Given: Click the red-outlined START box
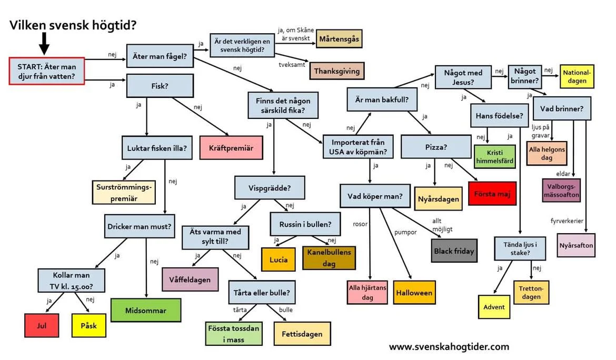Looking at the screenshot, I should point(47,71).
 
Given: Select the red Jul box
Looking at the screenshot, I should point(42,325).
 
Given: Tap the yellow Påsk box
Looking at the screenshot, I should point(88,325).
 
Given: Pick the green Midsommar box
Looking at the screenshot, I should point(145,311).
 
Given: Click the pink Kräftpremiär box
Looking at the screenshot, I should point(227,148).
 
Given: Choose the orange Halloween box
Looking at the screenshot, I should point(414,293).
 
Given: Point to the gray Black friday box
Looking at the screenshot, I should point(454,251).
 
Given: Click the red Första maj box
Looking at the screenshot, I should point(492,193).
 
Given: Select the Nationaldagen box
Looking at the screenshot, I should point(577,77).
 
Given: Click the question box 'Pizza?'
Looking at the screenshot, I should point(435,147).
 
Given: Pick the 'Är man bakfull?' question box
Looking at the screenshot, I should point(379,99).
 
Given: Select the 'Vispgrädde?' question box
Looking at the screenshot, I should point(270,188).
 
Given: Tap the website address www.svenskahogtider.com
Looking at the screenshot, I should point(449,346).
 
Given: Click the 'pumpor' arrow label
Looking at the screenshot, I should point(405,232).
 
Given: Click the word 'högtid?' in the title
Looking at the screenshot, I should point(117,24).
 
